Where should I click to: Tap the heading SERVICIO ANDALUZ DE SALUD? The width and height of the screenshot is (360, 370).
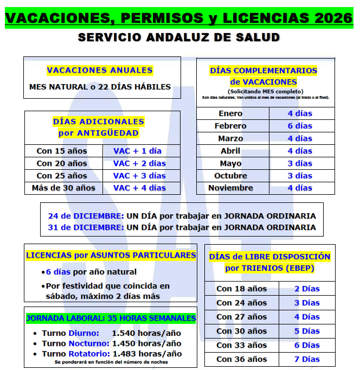179,37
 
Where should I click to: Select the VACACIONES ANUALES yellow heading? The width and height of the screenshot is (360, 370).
100,70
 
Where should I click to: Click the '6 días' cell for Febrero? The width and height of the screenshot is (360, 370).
300,126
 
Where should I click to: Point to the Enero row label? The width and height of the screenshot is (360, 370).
230,113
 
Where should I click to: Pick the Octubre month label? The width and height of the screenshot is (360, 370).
230,176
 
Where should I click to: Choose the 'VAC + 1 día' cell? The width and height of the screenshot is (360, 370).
137,151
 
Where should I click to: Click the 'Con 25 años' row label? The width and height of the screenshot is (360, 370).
62,176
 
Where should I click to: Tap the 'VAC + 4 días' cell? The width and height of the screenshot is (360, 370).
139,188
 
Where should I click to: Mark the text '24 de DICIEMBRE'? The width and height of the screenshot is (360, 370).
86,214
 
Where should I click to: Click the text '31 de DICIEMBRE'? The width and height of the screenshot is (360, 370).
86,227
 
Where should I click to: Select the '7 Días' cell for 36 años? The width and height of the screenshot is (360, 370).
307,359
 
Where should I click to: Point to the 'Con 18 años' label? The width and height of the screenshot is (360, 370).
241,289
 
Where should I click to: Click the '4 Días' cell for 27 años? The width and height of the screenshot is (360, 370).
307,317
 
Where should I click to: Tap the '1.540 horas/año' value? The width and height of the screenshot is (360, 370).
146,333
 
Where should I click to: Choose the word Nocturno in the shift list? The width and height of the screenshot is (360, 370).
89,343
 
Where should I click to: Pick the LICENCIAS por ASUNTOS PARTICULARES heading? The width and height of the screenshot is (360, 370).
111,255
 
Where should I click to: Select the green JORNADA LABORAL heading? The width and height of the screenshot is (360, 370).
111,318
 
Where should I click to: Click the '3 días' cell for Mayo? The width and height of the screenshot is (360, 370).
300,163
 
